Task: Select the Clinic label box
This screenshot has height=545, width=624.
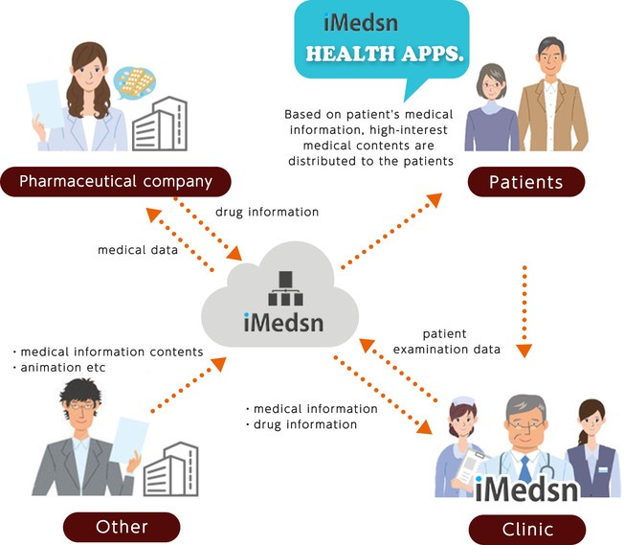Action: (526, 528)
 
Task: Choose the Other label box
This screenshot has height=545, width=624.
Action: (122, 526)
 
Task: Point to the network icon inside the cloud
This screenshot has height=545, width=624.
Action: (283, 284)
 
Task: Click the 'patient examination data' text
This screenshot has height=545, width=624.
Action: (460, 342)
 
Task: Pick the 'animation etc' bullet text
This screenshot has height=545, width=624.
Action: (60, 366)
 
